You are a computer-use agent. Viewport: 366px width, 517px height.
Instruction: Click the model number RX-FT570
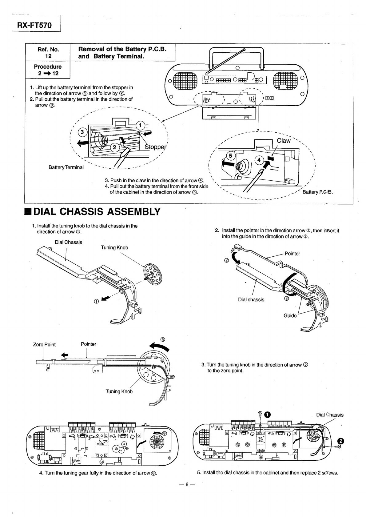(34, 25)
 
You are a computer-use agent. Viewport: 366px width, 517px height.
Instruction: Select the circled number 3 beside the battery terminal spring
(82, 132)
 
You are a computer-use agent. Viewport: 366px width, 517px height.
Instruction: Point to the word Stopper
(155, 147)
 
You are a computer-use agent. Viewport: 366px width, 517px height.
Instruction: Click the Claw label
(284, 141)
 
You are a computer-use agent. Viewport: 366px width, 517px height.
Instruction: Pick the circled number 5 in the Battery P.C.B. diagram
(231, 156)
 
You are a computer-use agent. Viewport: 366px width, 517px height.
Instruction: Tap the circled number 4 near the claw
(259, 160)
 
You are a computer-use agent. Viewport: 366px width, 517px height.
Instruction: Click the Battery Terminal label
(66, 167)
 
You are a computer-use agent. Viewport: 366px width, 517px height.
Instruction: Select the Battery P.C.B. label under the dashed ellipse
(318, 192)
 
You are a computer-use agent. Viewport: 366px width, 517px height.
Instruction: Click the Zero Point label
(44, 345)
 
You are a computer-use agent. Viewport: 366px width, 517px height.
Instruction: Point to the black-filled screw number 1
(267, 415)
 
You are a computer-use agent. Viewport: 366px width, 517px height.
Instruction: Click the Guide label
(290, 315)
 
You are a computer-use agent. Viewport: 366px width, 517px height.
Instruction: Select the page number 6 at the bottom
(187, 484)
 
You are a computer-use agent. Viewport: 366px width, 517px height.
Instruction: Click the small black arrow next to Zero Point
(65, 355)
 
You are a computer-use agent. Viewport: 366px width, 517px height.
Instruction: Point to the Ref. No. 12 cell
(48, 53)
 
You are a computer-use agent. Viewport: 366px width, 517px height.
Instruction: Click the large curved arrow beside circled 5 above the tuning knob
(159, 347)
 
